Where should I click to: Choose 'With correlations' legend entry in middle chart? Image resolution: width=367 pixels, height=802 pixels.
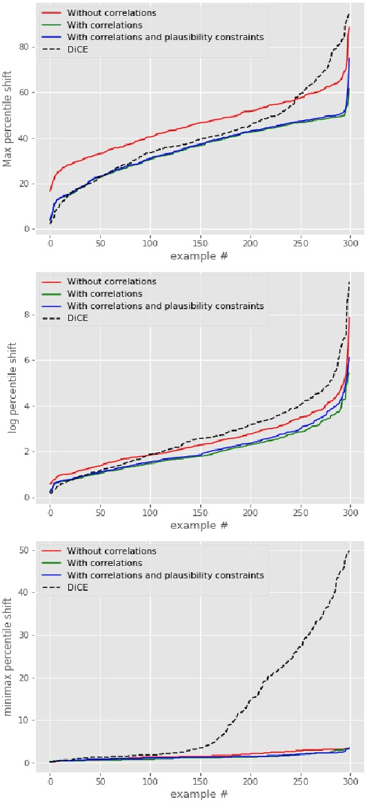pos(101,293)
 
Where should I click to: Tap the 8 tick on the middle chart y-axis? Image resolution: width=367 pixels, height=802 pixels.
pos(28,315)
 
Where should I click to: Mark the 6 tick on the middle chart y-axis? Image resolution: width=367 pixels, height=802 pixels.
pos(28,360)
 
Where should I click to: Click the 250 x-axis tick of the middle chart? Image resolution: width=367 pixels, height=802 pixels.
pos(300,513)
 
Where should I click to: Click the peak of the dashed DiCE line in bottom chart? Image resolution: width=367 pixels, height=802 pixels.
pos(350,550)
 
